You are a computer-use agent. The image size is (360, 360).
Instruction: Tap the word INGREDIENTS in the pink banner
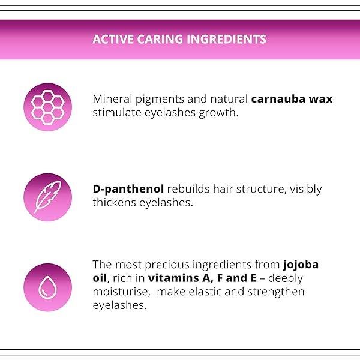tap(226, 39)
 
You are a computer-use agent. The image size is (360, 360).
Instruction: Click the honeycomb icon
tap(48, 107)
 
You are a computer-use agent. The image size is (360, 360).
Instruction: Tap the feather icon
tap(48, 197)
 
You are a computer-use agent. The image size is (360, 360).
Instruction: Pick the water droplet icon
tap(47, 287)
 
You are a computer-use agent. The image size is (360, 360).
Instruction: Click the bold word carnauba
tap(278, 99)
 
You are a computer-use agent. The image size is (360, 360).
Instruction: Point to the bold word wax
tap(321, 100)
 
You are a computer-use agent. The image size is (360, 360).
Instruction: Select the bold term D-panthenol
tap(128, 189)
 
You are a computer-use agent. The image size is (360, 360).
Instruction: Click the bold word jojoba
tap(301, 265)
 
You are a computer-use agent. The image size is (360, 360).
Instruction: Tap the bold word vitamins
tap(173, 278)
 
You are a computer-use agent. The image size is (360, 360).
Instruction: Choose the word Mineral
tap(112, 99)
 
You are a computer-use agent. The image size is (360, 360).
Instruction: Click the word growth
tap(218, 113)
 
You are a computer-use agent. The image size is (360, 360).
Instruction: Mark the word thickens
tap(115, 203)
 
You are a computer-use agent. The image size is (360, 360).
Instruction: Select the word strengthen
tap(276, 292)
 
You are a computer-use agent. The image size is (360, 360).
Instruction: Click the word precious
tap(167, 265)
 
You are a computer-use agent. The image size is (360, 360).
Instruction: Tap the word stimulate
tap(117, 113)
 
